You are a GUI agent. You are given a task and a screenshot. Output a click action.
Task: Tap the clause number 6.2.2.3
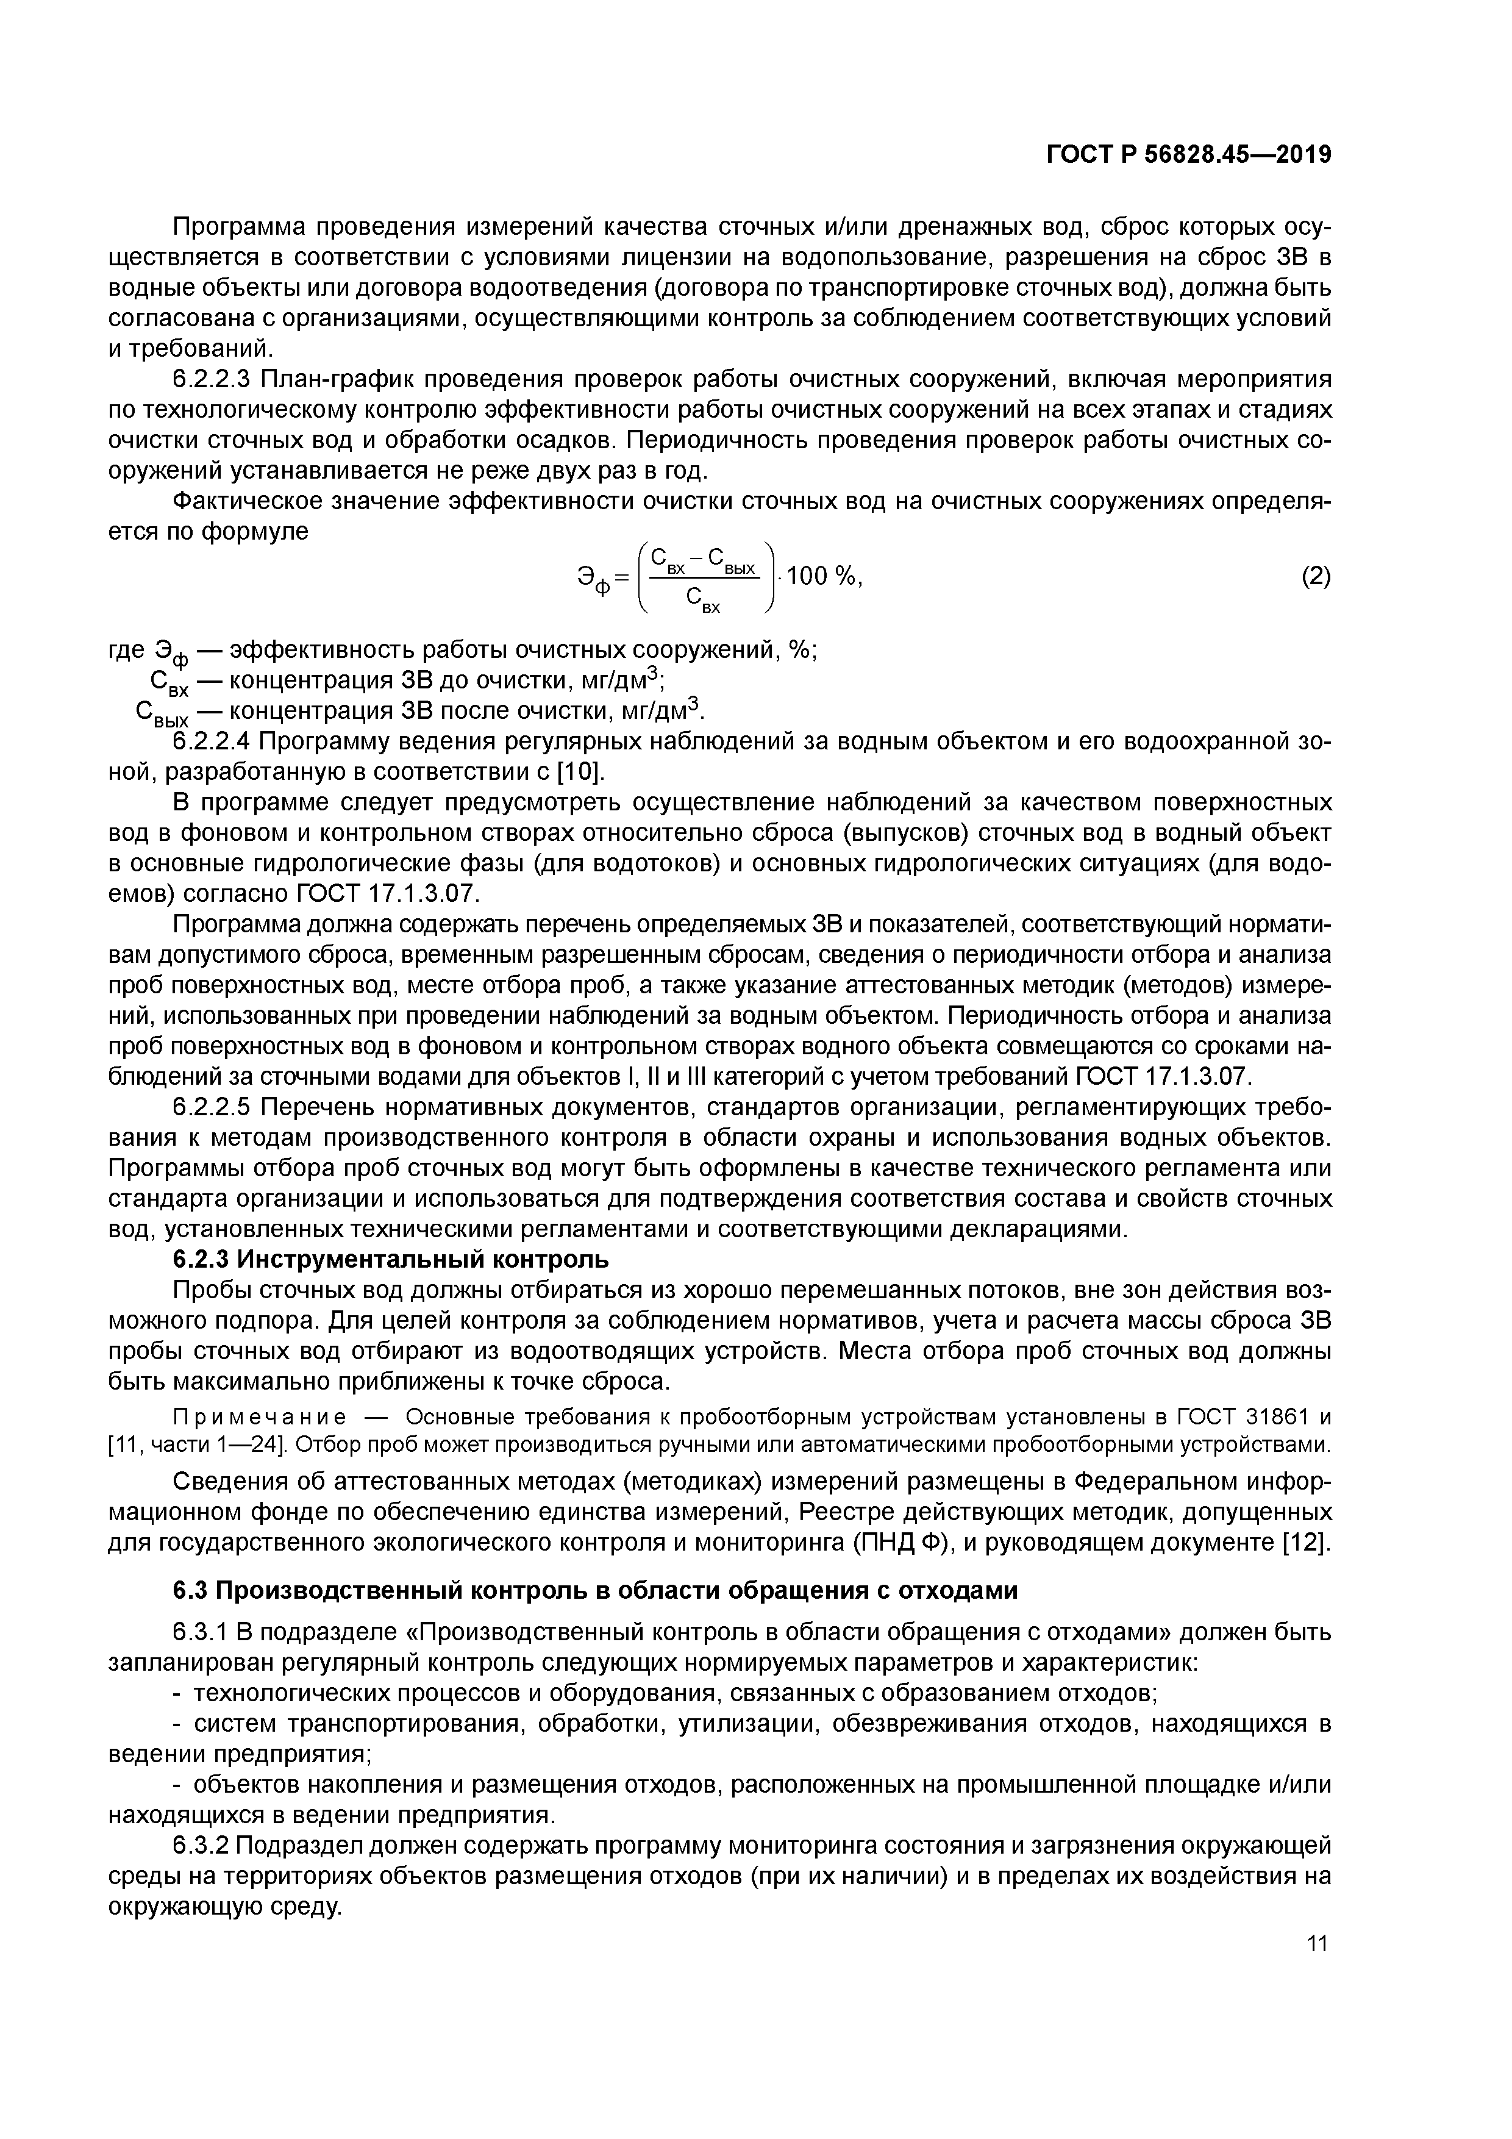(x=212, y=380)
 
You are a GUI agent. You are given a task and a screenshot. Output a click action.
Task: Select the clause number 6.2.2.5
(x=212, y=1108)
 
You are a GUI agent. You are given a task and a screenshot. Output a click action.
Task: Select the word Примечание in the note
(x=260, y=1417)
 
